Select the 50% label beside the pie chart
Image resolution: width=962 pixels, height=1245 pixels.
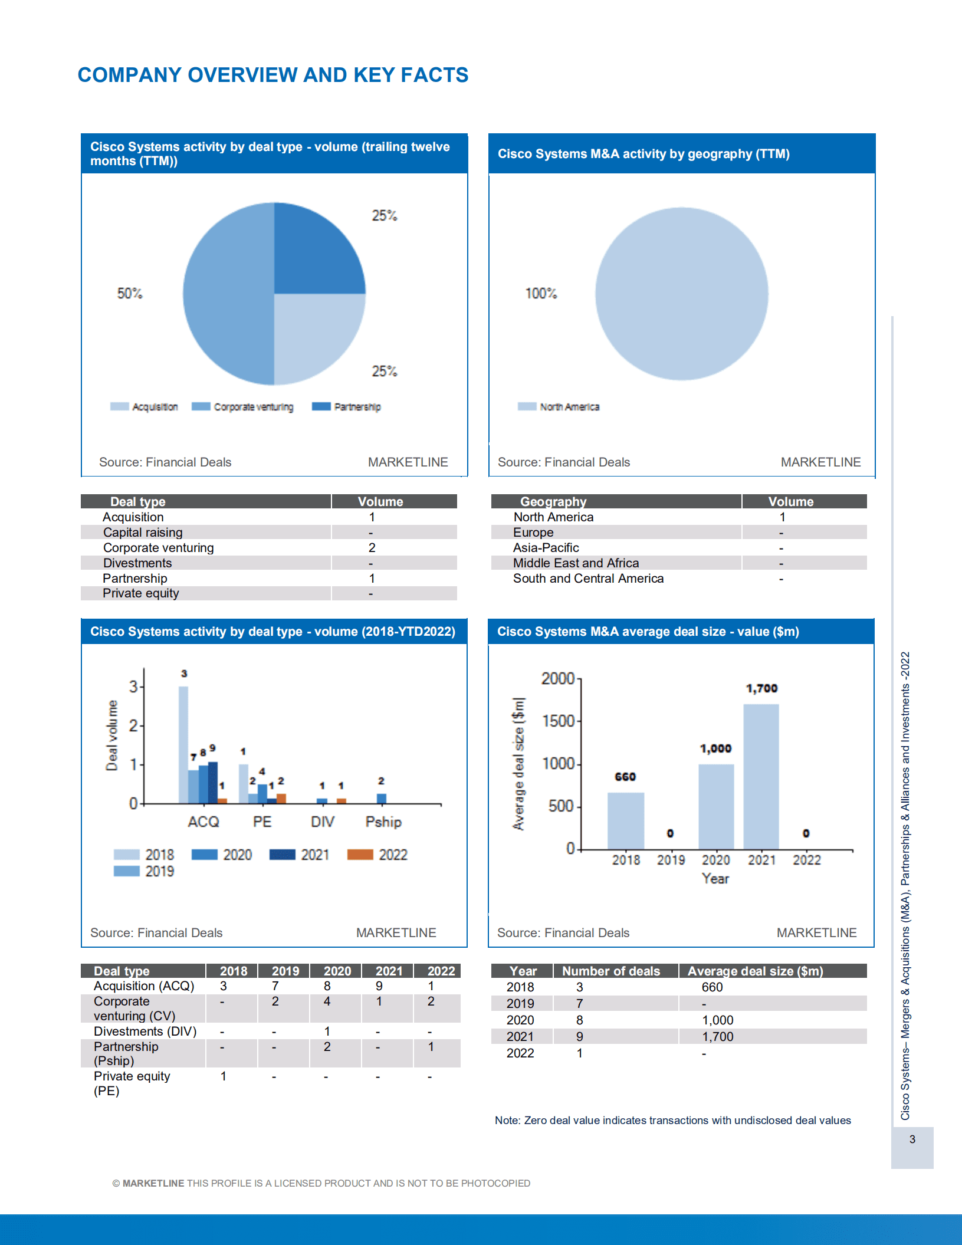(x=129, y=293)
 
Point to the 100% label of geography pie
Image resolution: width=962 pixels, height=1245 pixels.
(x=541, y=293)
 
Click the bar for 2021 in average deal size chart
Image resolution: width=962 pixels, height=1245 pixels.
(x=761, y=778)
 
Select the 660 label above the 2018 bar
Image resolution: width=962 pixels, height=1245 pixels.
(x=625, y=777)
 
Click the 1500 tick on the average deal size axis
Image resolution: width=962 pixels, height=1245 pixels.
(x=557, y=721)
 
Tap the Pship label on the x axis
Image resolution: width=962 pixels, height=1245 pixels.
(x=383, y=822)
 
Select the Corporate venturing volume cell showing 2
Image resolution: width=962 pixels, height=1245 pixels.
(x=372, y=547)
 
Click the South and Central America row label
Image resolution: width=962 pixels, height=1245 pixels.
(x=588, y=578)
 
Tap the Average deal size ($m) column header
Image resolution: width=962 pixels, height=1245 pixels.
(x=755, y=971)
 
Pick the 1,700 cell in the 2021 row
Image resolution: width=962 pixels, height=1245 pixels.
(x=717, y=1036)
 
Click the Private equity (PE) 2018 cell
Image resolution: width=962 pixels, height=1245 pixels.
(x=224, y=1076)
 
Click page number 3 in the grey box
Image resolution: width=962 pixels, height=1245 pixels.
(x=912, y=1139)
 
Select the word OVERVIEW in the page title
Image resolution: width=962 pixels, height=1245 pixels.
(x=242, y=75)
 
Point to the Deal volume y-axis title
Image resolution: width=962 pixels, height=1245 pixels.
(x=111, y=735)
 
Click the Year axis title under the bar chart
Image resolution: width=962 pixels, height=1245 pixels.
(x=715, y=878)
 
